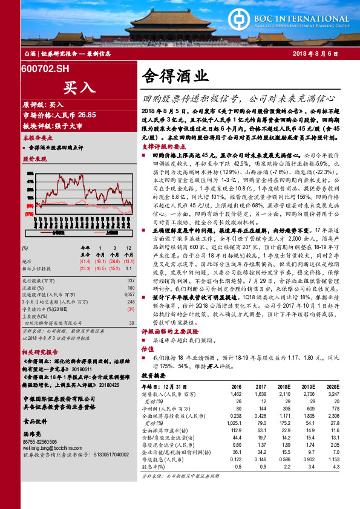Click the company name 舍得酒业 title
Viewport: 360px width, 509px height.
[x=175, y=76]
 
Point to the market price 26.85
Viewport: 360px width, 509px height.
[x=87, y=114]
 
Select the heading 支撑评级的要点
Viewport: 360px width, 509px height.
[x=163, y=146]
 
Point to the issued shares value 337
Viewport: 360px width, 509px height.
[x=131, y=280]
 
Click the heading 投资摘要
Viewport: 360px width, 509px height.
[x=153, y=375]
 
